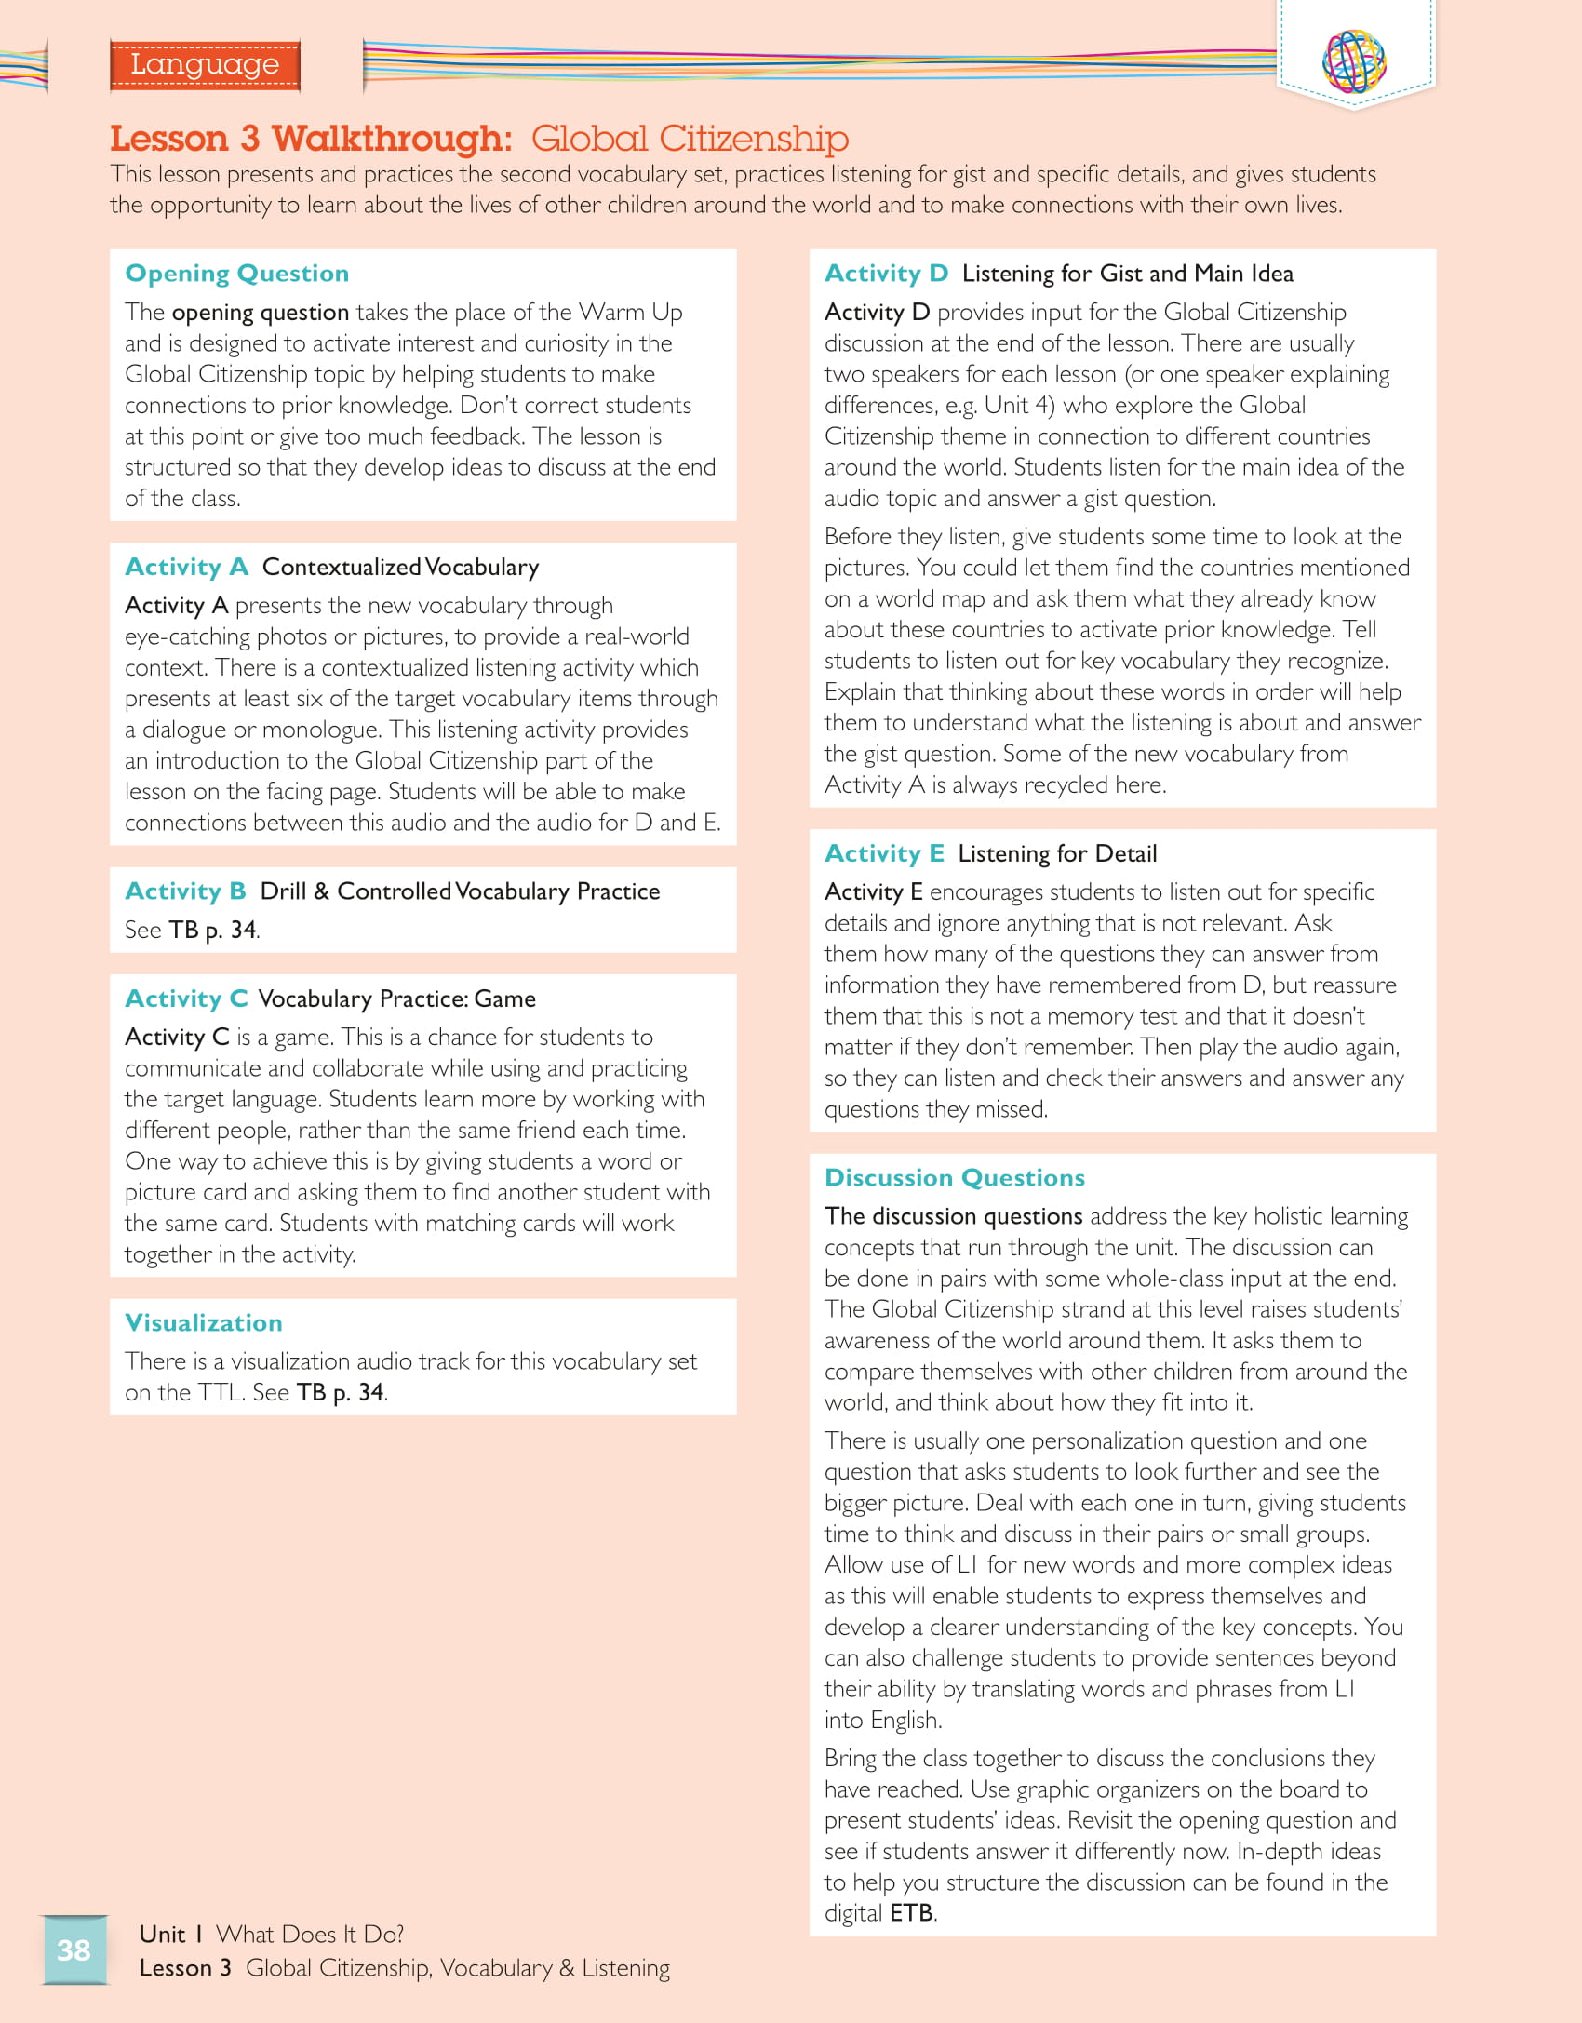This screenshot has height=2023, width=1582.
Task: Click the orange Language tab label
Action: (x=205, y=64)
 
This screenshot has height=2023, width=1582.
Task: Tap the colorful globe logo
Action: (x=1354, y=60)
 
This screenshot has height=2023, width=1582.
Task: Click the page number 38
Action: (x=74, y=1949)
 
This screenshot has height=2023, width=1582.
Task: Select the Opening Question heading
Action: (x=237, y=274)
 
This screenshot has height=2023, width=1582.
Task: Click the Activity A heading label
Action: (x=186, y=567)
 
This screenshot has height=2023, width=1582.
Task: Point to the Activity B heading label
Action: (x=185, y=891)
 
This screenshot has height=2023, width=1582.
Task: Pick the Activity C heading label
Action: (x=186, y=998)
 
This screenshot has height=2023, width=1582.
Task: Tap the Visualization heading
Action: (x=204, y=1322)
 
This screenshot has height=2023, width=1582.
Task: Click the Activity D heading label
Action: (x=886, y=274)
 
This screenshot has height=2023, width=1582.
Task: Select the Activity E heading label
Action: (x=884, y=853)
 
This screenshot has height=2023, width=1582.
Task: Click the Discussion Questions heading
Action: (x=955, y=1178)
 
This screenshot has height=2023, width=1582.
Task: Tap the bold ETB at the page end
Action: (x=912, y=1913)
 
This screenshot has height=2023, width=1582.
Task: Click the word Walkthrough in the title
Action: (x=391, y=139)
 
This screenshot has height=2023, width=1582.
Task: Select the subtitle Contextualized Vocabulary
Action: (x=400, y=567)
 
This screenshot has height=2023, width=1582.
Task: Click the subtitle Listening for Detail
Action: (x=1057, y=853)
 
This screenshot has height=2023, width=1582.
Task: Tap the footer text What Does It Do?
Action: (x=310, y=1935)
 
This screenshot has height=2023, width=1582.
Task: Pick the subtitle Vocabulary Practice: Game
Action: (x=396, y=998)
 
